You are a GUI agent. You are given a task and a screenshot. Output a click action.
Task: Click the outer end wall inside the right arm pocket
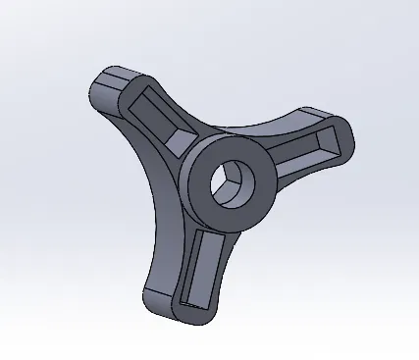339,142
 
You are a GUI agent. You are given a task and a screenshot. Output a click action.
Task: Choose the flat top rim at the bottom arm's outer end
196,311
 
